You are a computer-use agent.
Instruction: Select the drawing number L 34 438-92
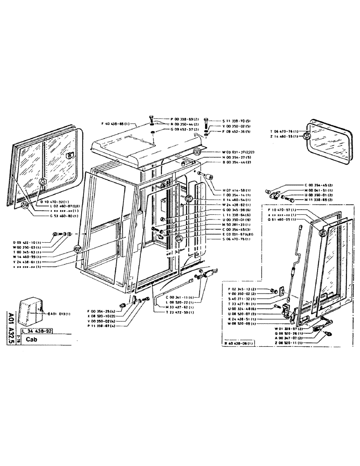click(x=40, y=331)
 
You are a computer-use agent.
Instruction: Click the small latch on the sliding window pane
click(x=69, y=155)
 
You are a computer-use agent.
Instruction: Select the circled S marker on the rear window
click(x=307, y=136)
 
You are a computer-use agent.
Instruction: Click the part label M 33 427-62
click(x=170, y=308)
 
